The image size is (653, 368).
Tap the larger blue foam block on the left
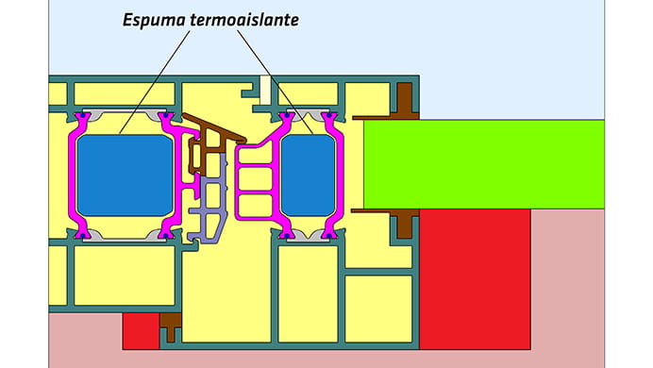125,175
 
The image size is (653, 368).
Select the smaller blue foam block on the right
308,175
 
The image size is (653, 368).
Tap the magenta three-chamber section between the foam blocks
255,179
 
